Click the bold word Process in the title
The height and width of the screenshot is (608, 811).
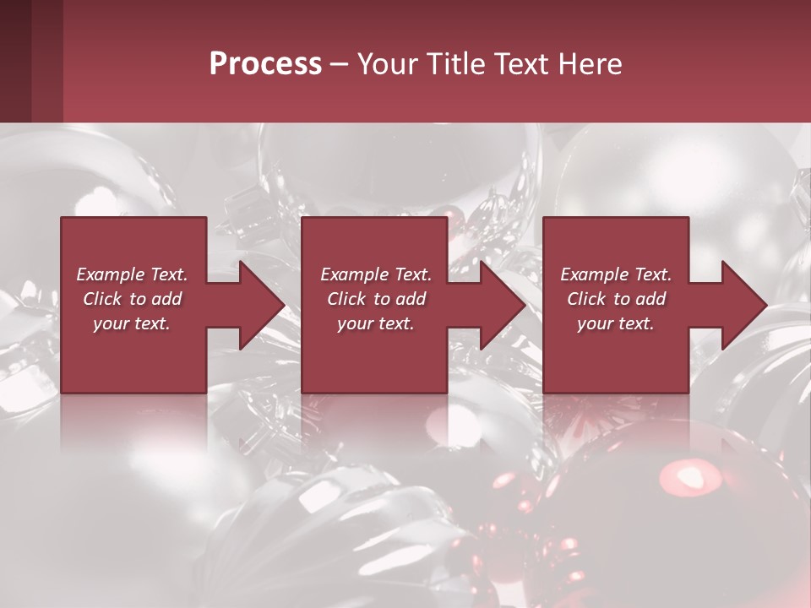tap(265, 63)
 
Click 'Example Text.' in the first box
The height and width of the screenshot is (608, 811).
tap(133, 274)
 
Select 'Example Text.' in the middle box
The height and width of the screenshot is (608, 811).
tap(376, 274)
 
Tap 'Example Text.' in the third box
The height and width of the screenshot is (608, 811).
tap(616, 274)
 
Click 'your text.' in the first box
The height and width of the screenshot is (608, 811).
tap(133, 323)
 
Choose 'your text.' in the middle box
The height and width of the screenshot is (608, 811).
tap(376, 323)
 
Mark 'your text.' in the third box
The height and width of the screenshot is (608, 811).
tap(616, 323)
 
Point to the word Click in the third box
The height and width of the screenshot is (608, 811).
tap(587, 299)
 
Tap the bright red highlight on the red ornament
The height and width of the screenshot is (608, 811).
tap(685, 475)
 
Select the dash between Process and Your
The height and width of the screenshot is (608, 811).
tap(339, 64)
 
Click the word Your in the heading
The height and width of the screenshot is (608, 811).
tap(384, 63)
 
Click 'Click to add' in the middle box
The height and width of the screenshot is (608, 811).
tap(376, 299)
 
